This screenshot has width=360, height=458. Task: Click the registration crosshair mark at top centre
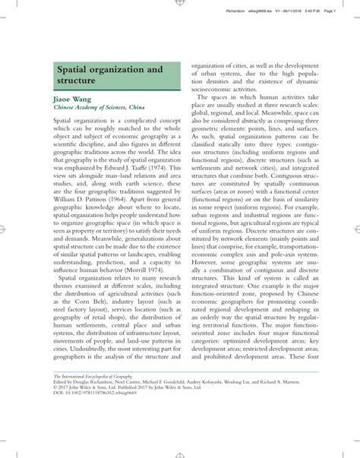point(179,3)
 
